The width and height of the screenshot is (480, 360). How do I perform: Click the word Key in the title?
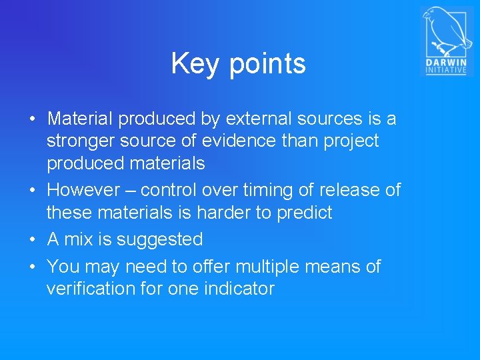(x=193, y=64)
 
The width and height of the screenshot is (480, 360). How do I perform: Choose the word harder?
(x=240, y=212)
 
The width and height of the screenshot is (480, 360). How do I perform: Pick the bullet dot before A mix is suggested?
(x=32, y=240)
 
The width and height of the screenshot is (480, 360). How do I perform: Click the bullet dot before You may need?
(x=32, y=267)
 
